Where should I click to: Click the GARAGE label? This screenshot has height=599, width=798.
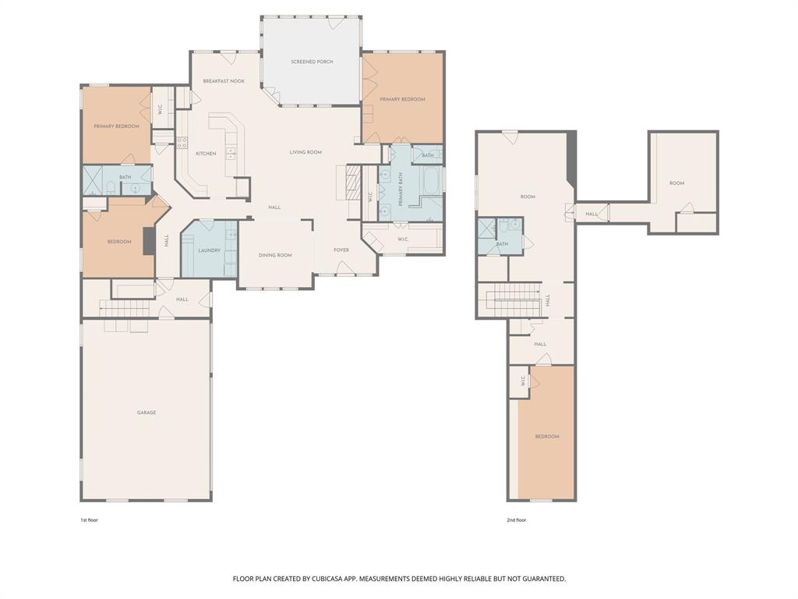tap(147, 413)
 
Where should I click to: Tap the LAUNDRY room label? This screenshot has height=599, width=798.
tap(210, 250)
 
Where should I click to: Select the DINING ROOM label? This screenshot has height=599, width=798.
tap(275, 255)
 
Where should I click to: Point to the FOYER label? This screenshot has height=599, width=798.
tap(341, 250)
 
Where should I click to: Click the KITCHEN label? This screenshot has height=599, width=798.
tap(206, 154)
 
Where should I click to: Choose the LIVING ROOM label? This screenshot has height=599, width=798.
tap(305, 152)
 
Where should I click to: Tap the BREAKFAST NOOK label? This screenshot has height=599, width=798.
tap(224, 81)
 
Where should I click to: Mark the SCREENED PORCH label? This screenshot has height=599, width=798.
tap(312, 62)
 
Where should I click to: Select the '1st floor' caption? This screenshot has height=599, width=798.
tap(89, 519)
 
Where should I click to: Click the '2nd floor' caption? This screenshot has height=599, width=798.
tap(516, 519)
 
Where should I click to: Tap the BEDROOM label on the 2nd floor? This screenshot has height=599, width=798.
tap(547, 437)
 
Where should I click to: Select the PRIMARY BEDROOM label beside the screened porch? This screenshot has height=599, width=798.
tap(402, 99)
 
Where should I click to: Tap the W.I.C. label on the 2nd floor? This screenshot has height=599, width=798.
tap(524, 381)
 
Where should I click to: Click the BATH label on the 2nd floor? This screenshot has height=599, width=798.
tap(502, 244)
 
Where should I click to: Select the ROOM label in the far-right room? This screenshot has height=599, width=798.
tap(676, 183)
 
